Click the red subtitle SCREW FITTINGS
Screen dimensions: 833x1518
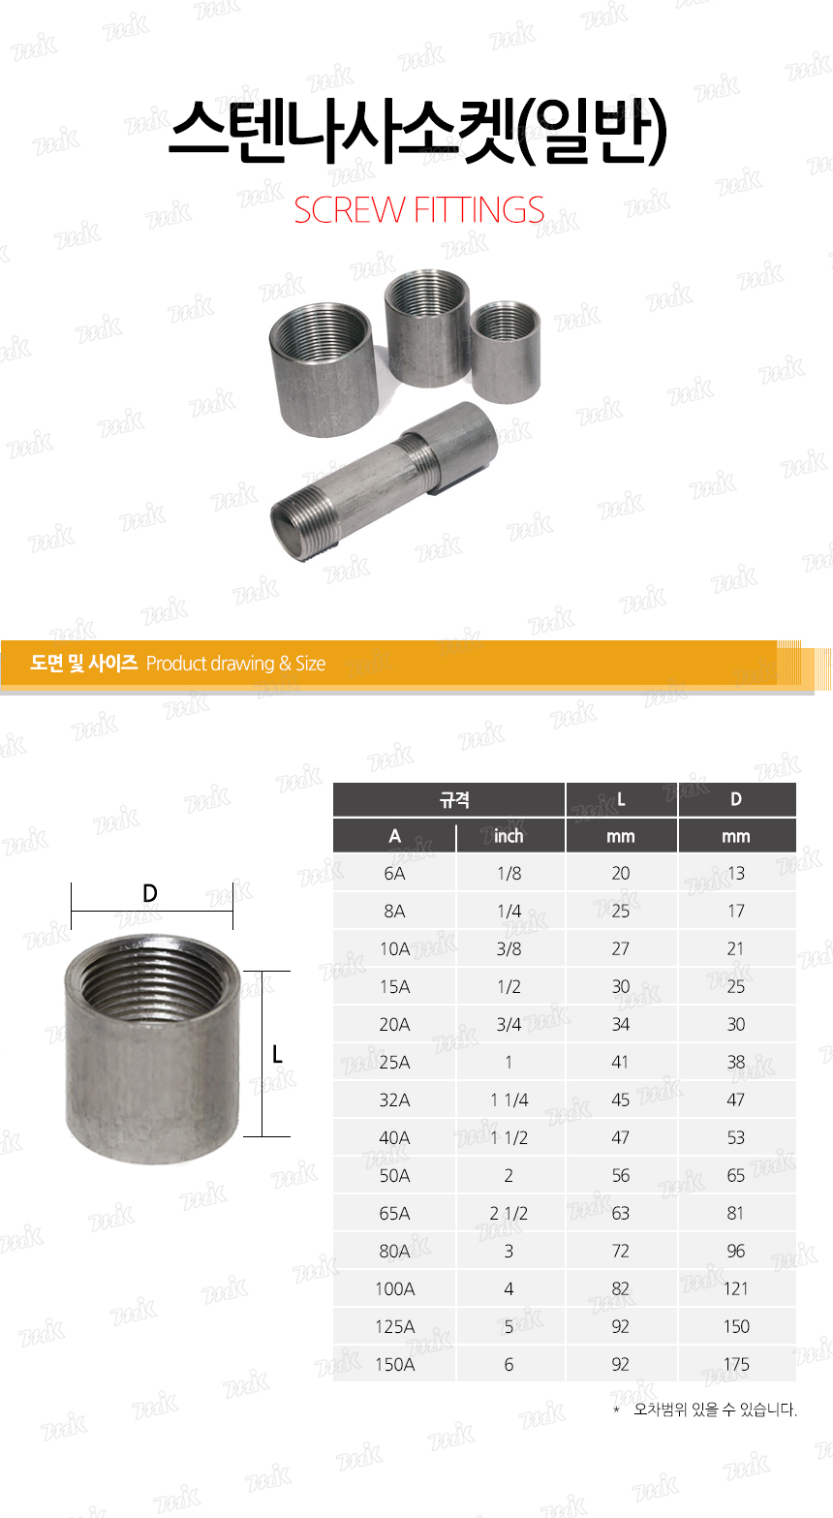(418, 210)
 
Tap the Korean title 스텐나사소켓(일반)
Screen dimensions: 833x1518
(417, 132)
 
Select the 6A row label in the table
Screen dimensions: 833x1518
(394, 874)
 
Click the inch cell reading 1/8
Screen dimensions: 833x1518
(509, 874)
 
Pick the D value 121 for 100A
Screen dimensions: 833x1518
(735, 1289)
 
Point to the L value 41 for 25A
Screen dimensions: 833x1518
(620, 1063)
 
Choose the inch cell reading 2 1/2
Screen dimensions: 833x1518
(509, 1214)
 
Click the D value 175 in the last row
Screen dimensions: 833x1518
(736, 1365)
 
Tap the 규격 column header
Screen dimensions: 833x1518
(454, 799)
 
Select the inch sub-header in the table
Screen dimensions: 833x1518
(509, 836)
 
